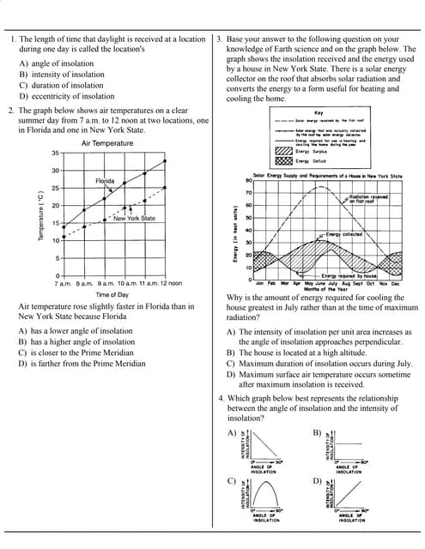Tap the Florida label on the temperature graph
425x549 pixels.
click(x=105, y=182)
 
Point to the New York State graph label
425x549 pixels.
click(x=134, y=218)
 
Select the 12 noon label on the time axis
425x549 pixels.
click(x=168, y=282)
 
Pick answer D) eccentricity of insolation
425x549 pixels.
click(x=66, y=96)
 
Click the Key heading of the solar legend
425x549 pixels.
click(x=319, y=112)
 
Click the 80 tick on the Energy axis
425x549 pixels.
click(x=248, y=181)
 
